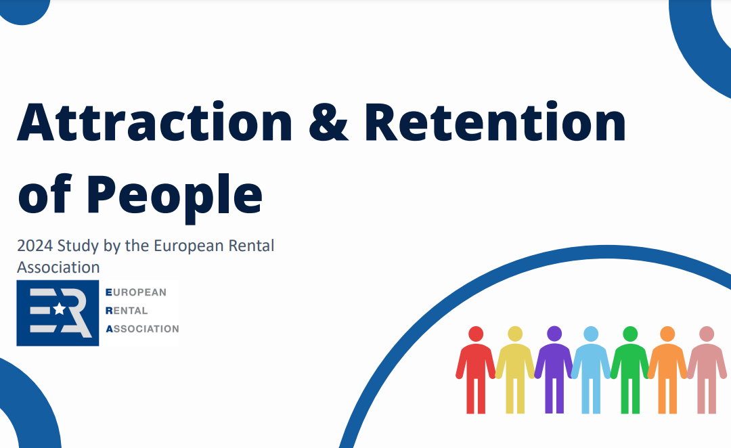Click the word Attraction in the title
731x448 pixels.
click(x=155, y=122)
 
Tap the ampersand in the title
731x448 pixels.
click(x=328, y=122)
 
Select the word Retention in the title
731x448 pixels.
click(x=495, y=122)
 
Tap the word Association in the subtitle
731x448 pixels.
click(x=58, y=267)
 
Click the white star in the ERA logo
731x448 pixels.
click(x=59, y=309)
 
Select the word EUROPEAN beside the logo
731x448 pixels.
click(x=136, y=292)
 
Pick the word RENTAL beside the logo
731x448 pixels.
click(x=127, y=311)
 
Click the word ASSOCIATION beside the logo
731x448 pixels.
click(x=143, y=329)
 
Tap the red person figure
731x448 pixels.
click(x=476, y=369)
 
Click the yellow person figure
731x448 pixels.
click(x=514, y=369)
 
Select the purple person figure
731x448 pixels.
click(x=554, y=369)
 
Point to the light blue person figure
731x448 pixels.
click(x=591, y=369)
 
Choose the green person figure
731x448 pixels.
click(x=630, y=369)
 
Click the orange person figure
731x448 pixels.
click(x=667, y=369)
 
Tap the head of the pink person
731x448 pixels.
click(x=706, y=334)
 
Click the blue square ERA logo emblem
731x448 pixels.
click(x=58, y=313)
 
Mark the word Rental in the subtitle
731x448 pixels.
click(x=251, y=246)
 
